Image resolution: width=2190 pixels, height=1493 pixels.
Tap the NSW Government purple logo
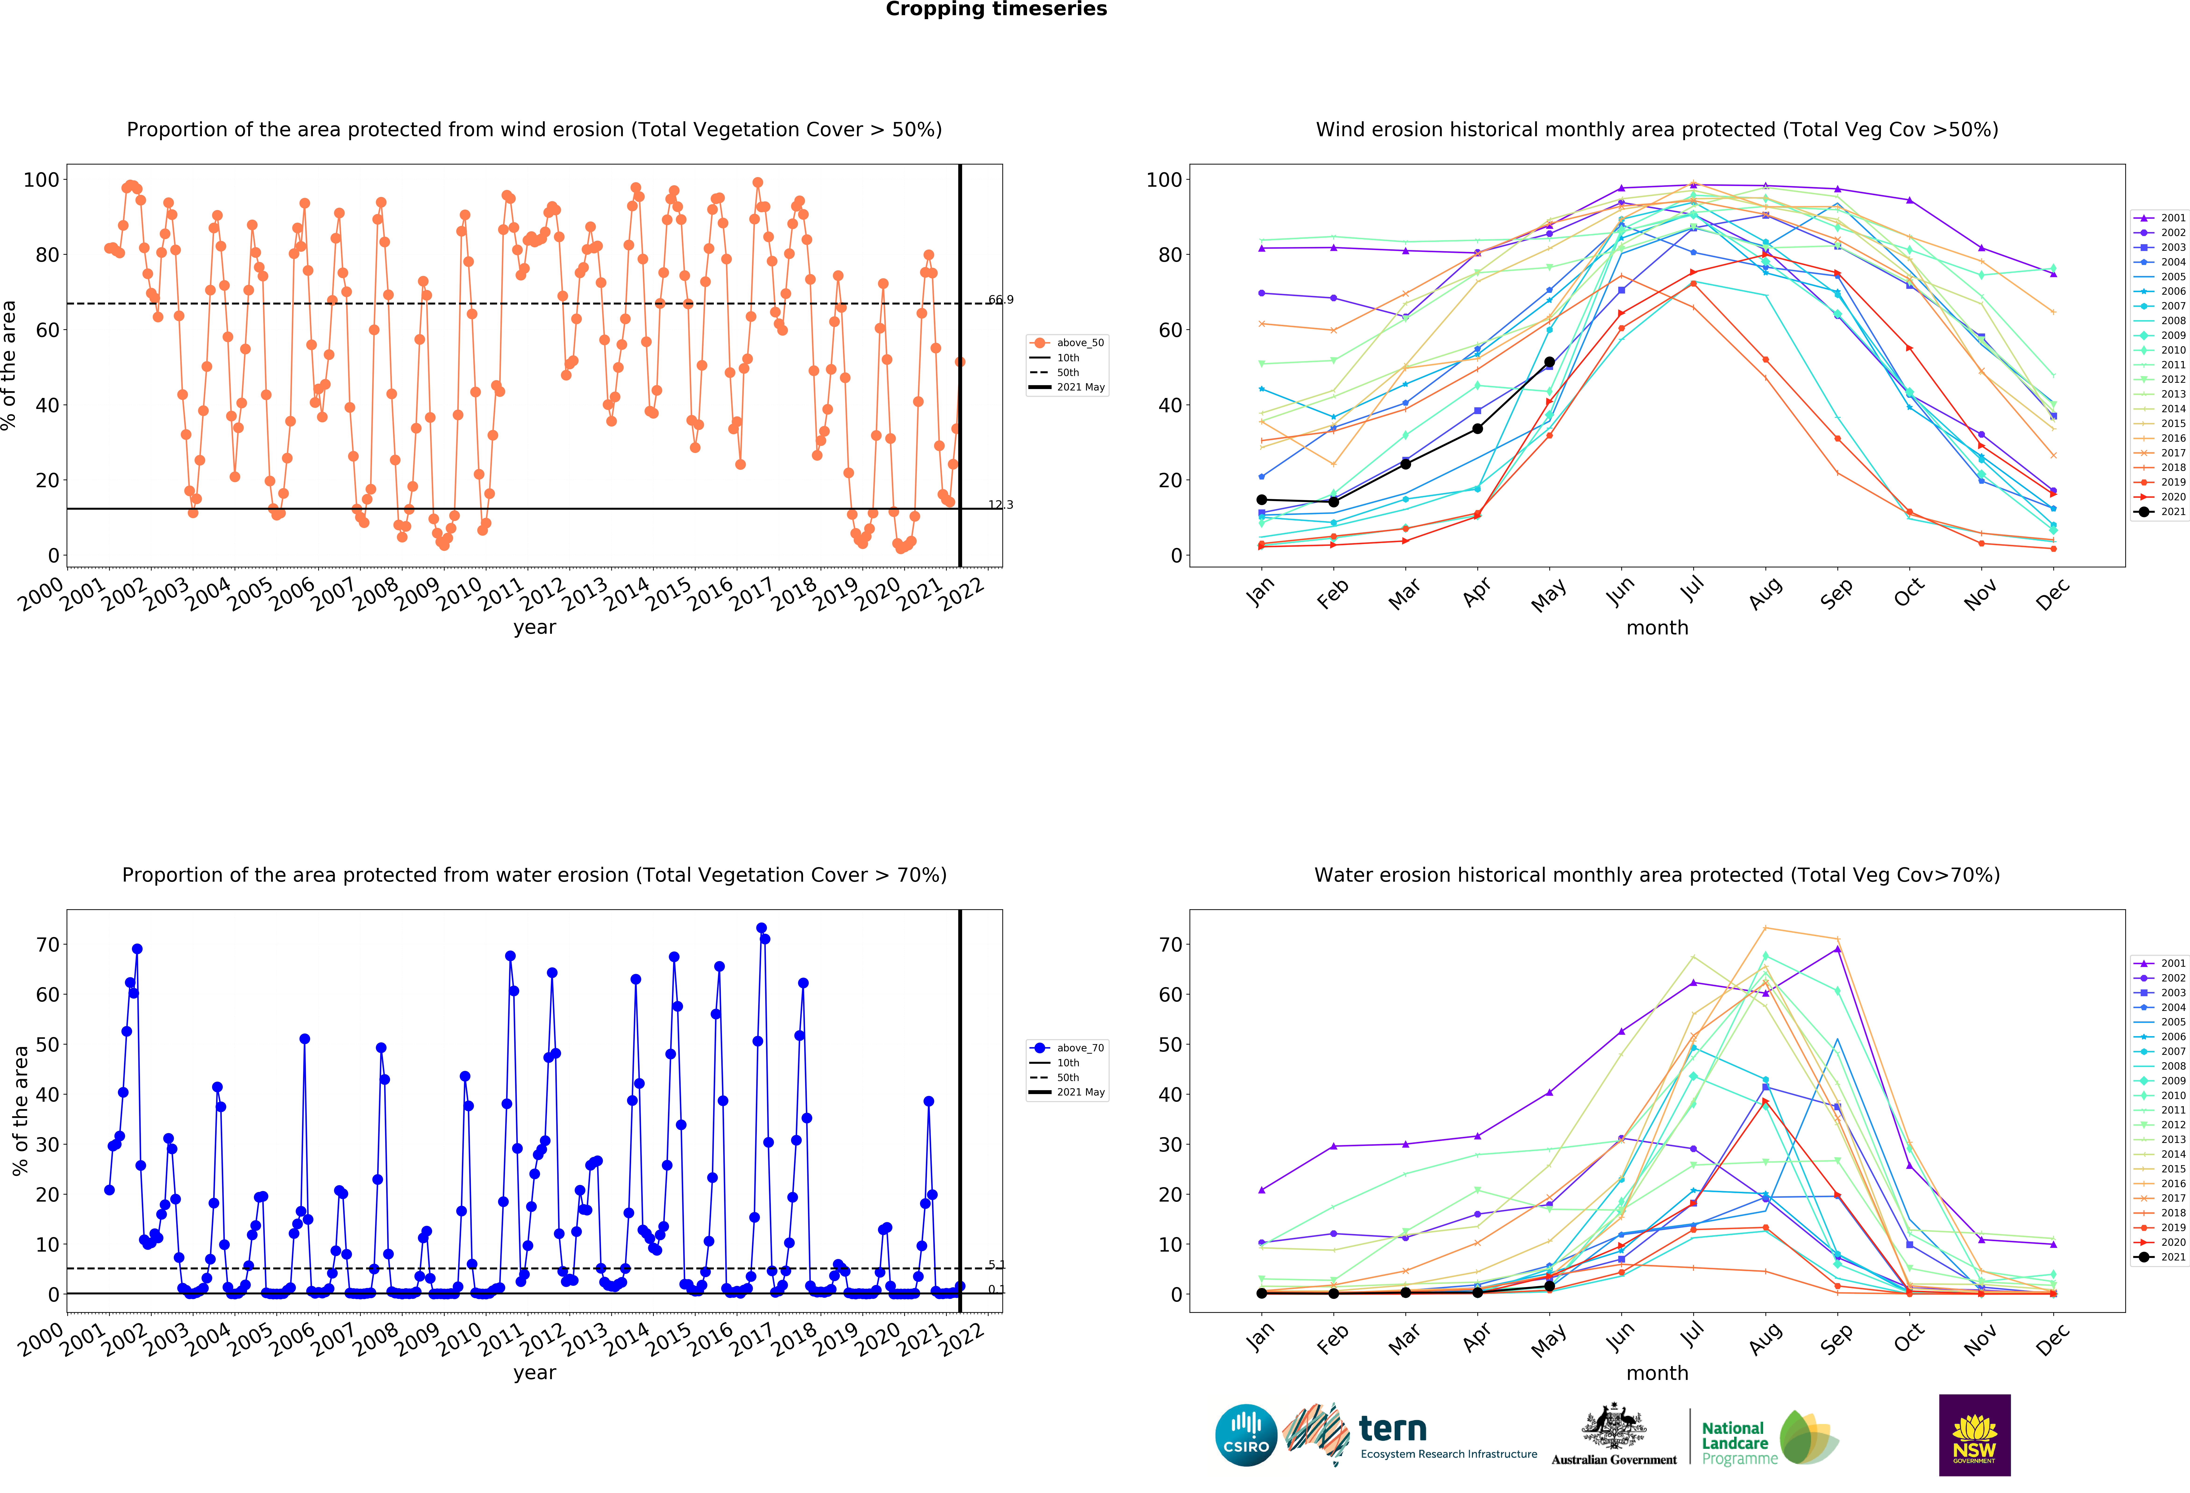pyautogui.click(x=1974, y=1435)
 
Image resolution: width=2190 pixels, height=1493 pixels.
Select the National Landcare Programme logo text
pyautogui.click(x=1739, y=1443)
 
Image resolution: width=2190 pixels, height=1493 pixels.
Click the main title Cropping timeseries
pyautogui.click(x=996, y=9)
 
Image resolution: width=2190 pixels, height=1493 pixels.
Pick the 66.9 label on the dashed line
pyautogui.click(x=1001, y=300)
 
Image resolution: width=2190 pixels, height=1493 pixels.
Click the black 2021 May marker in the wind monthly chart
pyautogui.click(x=1549, y=362)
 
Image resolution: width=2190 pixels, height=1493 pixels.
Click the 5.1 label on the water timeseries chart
pyautogui.click(x=997, y=1265)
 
